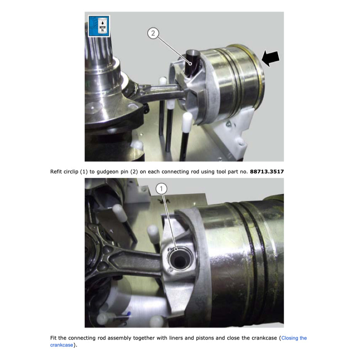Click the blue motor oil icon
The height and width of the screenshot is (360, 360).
(x=98, y=26)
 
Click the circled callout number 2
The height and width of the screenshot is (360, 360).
(x=153, y=34)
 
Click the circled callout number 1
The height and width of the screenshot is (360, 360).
(x=162, y=188)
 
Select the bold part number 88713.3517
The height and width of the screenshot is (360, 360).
(x=267, y=171)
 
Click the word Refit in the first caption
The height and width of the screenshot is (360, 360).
(x=56, y=171)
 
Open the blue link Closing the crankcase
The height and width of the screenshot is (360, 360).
(x=294, y=338)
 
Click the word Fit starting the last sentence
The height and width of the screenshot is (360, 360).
(x=54, y=338)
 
